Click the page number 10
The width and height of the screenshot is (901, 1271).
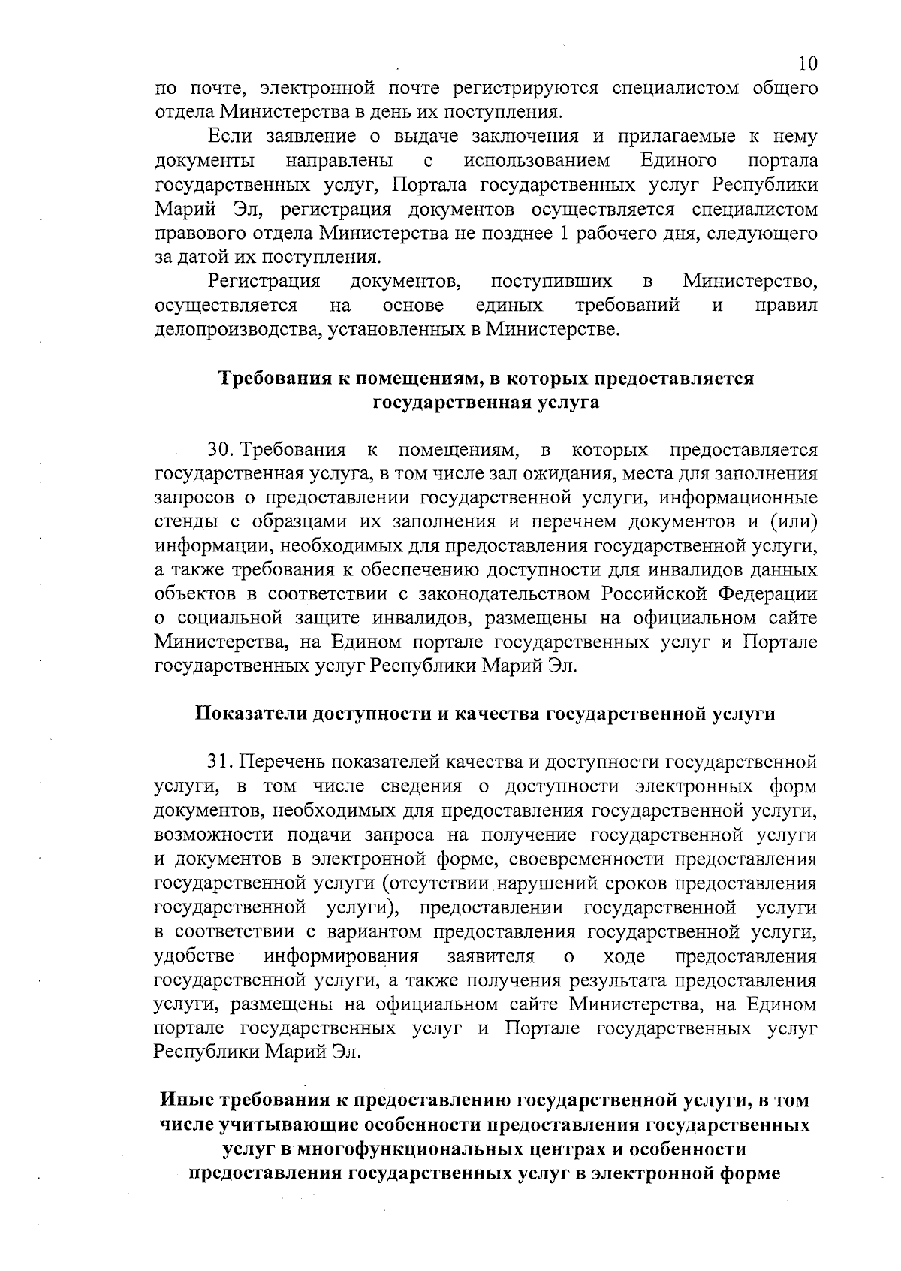808,62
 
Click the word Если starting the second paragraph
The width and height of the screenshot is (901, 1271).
229,137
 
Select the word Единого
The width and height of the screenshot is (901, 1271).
679,161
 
